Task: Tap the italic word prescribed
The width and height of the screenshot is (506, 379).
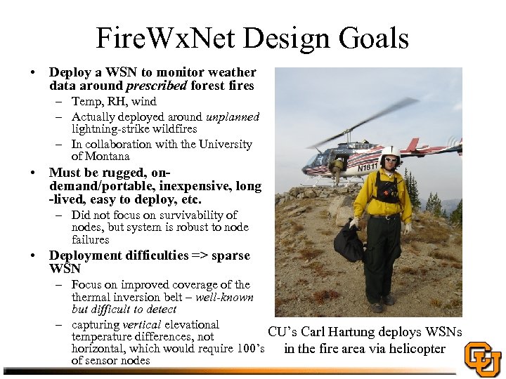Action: coord(155,86)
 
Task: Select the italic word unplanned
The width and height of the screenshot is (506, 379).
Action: coord(233,117)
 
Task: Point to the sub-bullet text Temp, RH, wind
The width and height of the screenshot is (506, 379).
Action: coord(114,102)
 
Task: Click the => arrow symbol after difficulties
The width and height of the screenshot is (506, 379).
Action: coord(201,255)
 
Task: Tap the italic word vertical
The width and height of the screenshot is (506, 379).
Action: coord(142,324)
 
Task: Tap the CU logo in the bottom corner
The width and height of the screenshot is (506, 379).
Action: coord(484,359)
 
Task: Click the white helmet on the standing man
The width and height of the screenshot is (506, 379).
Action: coord(390,152)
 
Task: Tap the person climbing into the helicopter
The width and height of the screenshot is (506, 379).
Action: coord(338,169)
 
